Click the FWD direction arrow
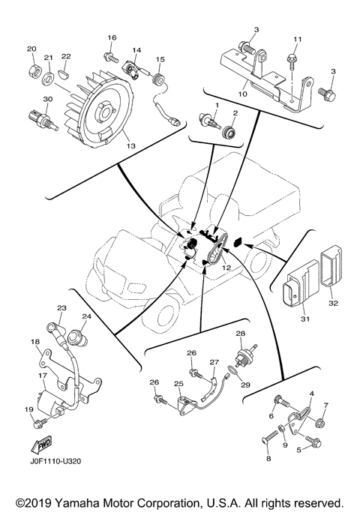41,445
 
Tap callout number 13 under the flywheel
130,146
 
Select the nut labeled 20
33,70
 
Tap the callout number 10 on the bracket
243,94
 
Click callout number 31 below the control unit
305,319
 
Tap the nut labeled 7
320,424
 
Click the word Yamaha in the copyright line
77,504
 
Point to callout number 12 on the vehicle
226,268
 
